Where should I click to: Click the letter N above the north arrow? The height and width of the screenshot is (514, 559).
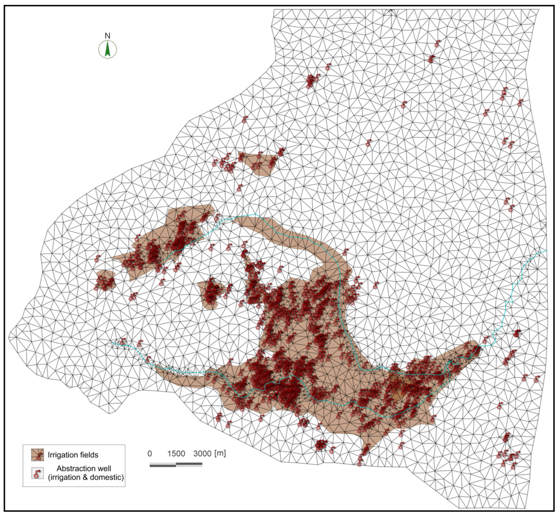(x=108, y=36)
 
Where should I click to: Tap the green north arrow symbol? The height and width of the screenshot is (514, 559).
(x=108, y=50)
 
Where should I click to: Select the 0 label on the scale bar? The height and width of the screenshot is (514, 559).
(x=150, y=453)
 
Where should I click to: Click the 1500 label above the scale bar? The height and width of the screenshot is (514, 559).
(x=176, y=453)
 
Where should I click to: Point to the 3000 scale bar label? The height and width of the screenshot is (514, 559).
(x=203, y=453)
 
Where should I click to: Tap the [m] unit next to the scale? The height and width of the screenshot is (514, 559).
(x=221, y=453)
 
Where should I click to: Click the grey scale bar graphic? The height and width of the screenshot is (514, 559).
(x=176, y=465)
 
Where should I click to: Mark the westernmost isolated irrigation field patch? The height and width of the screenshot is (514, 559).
(x=104, y=281)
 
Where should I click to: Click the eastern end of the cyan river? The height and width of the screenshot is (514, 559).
(x=545, y=251)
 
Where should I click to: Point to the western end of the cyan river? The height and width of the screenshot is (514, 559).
(x=112, y=342)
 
